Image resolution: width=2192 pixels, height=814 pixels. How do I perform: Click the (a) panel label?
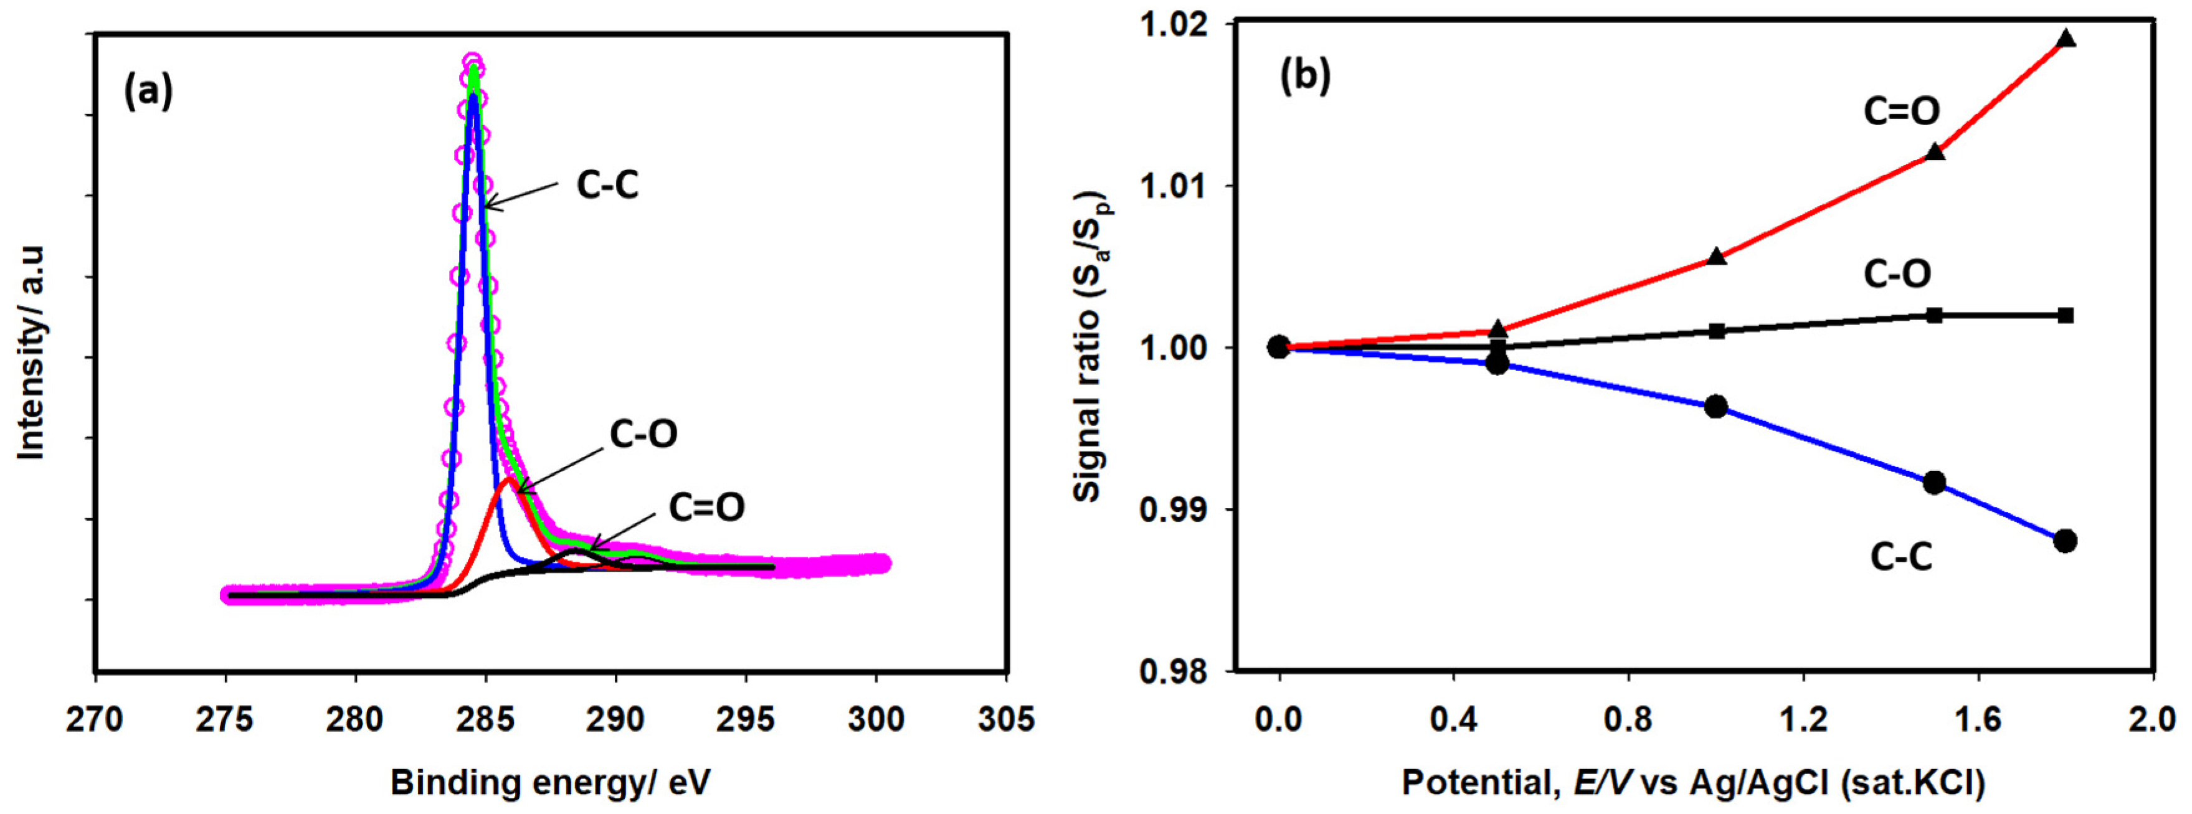[149, 91]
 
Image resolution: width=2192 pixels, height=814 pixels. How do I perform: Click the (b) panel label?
[1304, 76]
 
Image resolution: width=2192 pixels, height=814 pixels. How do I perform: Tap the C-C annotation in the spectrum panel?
[607, 184]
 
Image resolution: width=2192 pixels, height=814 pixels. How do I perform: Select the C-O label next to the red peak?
[643, 435]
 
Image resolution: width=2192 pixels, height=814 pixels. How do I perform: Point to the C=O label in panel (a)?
[706, 507]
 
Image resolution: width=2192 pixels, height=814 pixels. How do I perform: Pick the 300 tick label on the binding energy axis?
[876, 719]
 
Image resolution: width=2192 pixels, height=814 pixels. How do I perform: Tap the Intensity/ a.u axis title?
[32, 353]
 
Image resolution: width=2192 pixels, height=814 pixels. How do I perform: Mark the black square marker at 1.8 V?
[2065, 316]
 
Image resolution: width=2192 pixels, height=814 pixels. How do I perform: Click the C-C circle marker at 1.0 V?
[1716, 407]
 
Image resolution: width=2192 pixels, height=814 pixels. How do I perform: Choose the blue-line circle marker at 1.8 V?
[2065, 541]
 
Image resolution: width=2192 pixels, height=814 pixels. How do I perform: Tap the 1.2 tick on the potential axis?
[1803, 719]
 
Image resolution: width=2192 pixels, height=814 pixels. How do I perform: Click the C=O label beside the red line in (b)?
[1902, 111]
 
